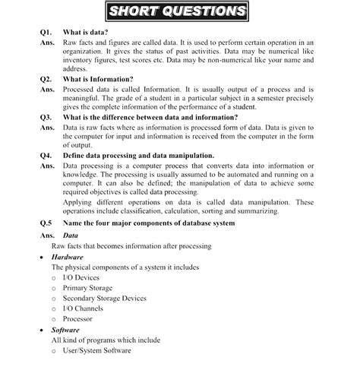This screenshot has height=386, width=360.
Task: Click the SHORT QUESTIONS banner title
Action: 177,11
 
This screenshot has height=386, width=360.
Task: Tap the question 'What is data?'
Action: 85,33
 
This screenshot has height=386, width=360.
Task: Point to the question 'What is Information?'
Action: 99,78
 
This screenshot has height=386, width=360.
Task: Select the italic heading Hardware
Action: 68,258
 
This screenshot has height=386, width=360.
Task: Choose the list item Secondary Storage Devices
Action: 105,299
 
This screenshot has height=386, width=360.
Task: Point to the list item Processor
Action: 78,319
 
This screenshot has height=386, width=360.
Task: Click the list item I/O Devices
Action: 82,278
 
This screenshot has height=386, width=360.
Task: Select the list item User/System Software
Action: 97,350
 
